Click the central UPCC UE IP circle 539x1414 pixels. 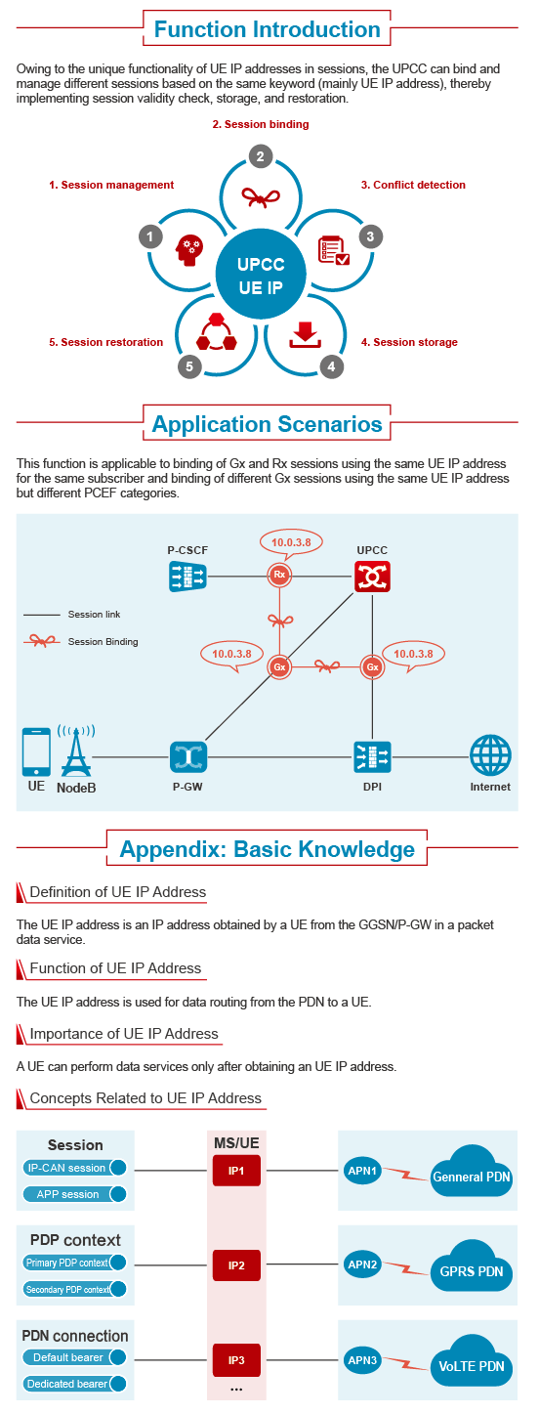261,275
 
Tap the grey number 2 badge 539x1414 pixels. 261,156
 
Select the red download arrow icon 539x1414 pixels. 305,334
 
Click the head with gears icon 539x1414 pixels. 189,250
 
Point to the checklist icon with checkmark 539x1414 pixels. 334,250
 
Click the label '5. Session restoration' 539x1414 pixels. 105,342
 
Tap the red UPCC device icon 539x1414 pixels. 372,577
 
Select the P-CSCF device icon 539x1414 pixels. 187,577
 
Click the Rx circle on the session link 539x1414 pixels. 279,575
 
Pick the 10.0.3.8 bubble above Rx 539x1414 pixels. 291,544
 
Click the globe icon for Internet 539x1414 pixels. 490,755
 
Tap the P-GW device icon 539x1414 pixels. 187,757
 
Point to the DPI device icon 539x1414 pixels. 372,757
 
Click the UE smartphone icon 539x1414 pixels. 36,751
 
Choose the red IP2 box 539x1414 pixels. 236,1265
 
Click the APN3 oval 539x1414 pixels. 362,1359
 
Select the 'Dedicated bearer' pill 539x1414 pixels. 74,1384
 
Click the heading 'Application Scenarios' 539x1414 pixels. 268,424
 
